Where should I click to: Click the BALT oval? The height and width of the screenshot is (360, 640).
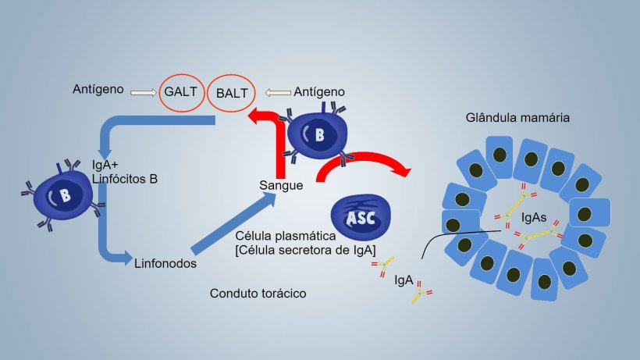232,93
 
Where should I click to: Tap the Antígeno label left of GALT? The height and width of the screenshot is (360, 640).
98,90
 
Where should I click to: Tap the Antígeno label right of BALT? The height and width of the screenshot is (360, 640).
320,92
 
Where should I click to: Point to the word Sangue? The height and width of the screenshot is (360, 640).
281,186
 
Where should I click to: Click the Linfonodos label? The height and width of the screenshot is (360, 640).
165,263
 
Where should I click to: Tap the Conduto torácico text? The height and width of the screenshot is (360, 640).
258,294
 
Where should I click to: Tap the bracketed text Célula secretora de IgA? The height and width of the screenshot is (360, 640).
305,250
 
